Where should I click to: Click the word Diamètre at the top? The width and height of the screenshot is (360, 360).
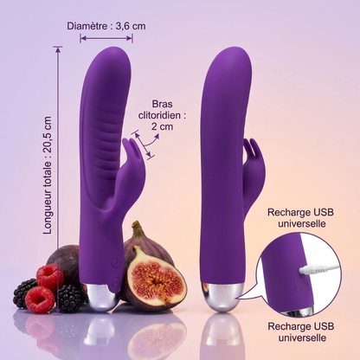coord(87,26)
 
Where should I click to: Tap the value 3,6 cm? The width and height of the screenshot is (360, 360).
coord(131,26)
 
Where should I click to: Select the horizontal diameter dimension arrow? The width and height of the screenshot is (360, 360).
coord(106,38)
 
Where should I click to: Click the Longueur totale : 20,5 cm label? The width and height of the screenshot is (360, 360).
coord(47,175)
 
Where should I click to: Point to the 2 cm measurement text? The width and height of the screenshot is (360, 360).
coord(162,126)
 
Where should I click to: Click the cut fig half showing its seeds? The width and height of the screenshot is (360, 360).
coord(155,274)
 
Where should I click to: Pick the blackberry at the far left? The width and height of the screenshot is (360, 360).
coord(23,292)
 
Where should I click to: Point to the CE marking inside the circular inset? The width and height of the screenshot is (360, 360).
coord(304,287)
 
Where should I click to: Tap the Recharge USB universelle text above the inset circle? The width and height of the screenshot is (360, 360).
coord(300,218)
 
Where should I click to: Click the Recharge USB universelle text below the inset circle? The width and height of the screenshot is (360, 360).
coord(301,332)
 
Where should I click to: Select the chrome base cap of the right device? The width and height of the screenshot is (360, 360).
coord(222,298)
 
